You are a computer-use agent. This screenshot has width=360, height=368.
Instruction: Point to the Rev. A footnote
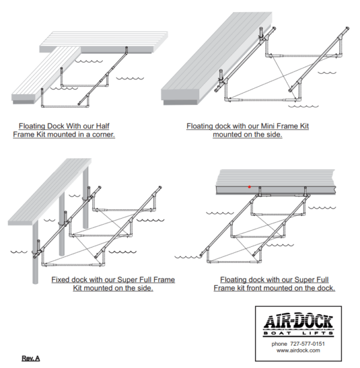[31, 358]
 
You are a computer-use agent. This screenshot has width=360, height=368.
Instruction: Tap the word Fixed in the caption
[61, 279]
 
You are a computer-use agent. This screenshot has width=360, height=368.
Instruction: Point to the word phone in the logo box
[280, 343]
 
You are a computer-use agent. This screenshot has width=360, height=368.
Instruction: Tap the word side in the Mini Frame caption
[274, 135]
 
